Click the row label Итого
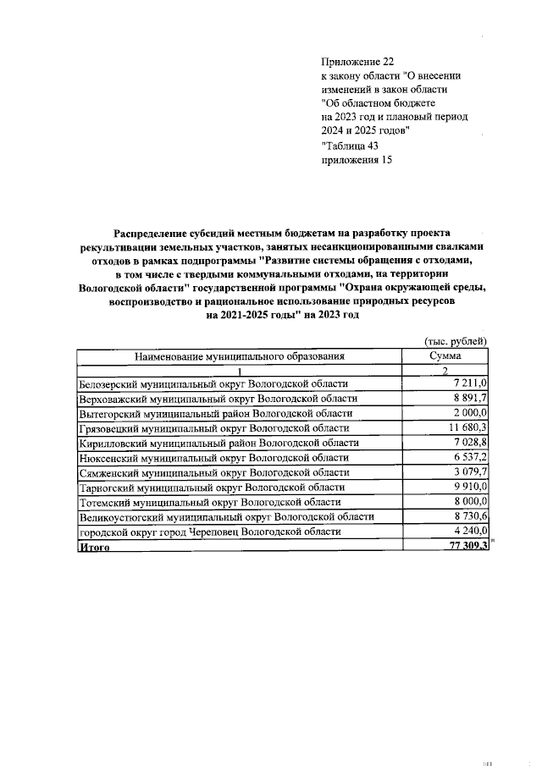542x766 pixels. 95,547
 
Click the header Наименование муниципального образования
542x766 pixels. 240,358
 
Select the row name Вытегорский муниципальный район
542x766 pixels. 215,413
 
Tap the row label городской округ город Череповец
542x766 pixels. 210,532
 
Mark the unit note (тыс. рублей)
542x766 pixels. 455,341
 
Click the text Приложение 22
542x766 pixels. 358,62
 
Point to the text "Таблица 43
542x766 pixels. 350,145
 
